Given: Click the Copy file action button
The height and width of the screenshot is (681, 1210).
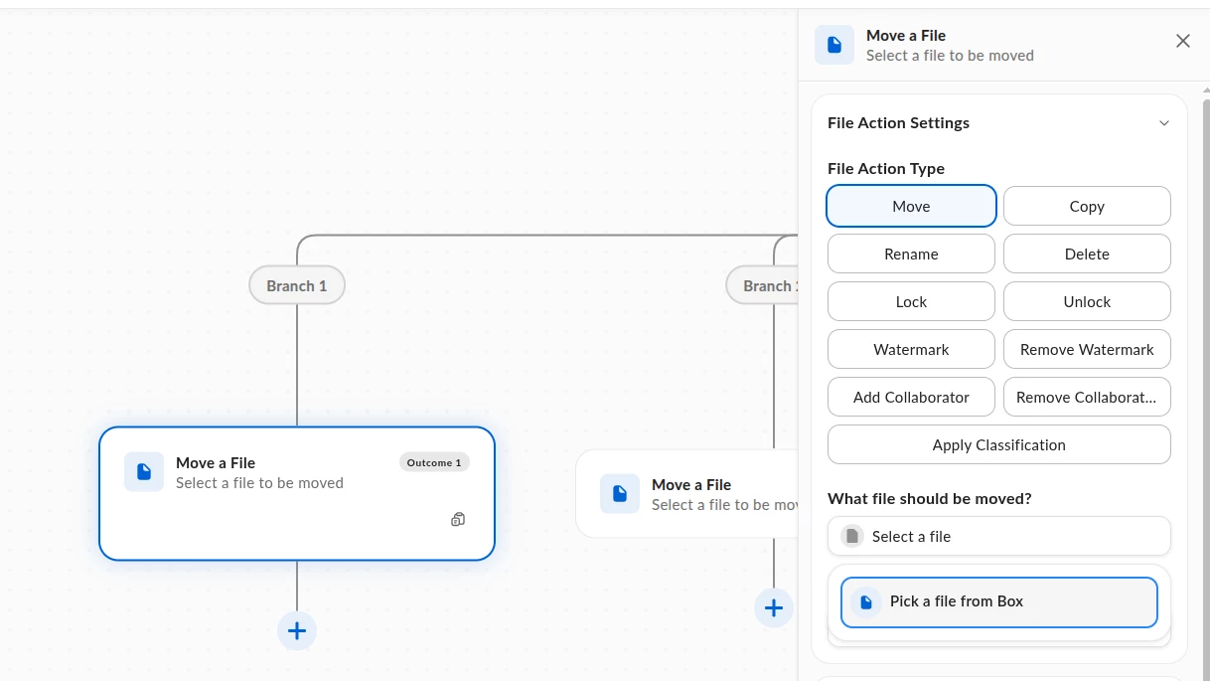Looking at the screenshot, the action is (1087, 206).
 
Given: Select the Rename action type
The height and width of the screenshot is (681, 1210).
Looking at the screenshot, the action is (911, 254).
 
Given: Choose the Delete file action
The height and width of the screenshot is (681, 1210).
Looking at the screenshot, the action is (1087, 254).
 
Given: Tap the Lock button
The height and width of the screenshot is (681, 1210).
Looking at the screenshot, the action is (911, 301).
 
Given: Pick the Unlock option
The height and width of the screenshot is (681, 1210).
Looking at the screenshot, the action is (1087, 301).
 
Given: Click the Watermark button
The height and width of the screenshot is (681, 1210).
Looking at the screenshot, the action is (911, 349).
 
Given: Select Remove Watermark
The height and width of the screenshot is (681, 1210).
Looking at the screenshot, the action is (1087, 349).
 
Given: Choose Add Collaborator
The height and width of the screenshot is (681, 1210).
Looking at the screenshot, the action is (911, 397).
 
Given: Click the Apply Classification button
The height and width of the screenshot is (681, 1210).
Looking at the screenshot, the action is (998, 444).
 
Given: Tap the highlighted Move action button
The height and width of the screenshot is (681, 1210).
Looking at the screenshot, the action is (911, 206).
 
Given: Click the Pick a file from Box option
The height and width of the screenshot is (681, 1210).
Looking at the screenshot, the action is (998, 602).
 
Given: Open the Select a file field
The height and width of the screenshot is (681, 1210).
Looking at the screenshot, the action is (998, 536).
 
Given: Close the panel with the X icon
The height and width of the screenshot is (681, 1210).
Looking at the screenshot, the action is (1182, 41).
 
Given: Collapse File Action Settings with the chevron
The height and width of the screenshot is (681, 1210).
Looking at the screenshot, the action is (1164, 123).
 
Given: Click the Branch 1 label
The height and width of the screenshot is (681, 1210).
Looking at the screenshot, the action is (297, 285).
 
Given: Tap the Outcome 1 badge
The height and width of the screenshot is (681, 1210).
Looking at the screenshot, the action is (434, 462).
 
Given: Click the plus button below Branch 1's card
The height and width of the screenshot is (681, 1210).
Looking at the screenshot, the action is (297, 630).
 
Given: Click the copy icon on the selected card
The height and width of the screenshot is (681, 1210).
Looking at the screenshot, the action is (458, 519).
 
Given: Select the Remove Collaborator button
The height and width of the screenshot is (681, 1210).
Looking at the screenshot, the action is (1087, 397).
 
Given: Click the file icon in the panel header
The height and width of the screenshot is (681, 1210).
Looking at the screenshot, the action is (834, 45).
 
